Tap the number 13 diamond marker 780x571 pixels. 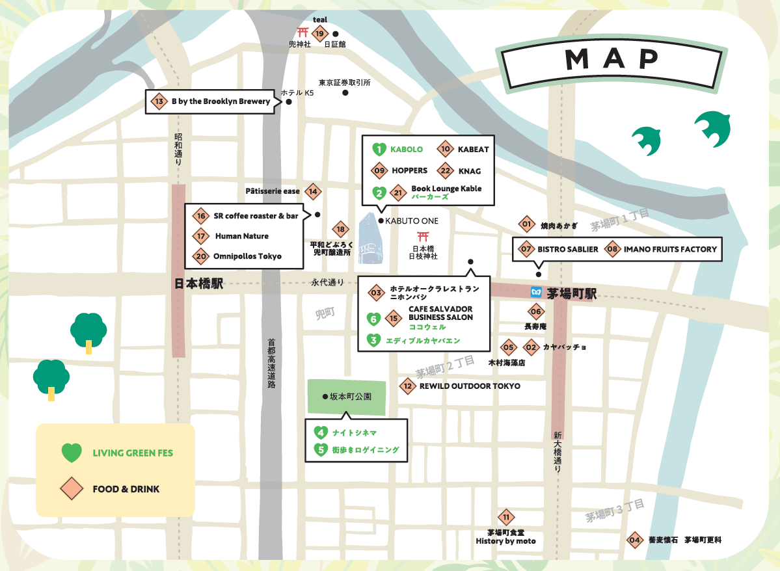tap(159, 101)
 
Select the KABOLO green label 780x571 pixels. tap(407, 150)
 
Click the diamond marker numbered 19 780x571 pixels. tap(319, 34)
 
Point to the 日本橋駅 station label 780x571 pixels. tap(198, 284)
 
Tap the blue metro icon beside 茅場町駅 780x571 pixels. tap(537, 292)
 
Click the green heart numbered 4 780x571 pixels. tap(320, 432)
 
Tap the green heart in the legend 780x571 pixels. tap(72, 453)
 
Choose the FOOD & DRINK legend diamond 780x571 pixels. tap(72, 488)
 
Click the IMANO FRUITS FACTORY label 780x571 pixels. tap(670, 249)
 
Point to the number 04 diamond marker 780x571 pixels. tap(634, 540)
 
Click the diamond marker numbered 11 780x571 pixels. tap(506, 518)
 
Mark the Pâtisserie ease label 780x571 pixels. tap(273, 191)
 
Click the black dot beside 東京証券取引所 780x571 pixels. tap(345, 92)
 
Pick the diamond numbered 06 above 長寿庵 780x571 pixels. tap(535, 311)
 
